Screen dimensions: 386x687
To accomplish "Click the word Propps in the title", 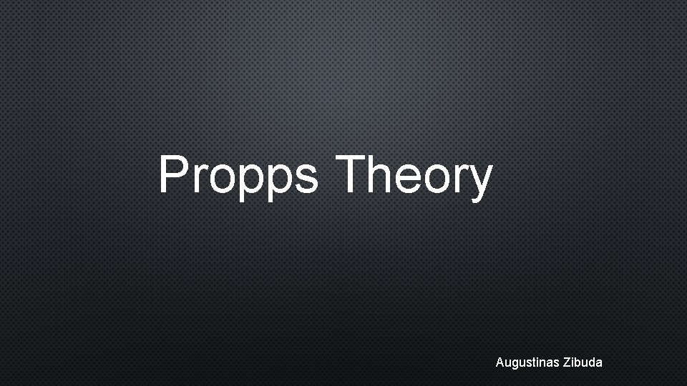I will (x=238, y=176).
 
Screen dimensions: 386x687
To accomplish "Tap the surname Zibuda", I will (x=583, y=362).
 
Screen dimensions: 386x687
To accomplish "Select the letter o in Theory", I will (x=443, y=179).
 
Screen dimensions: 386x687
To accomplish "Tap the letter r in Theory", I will (x=463, y=178).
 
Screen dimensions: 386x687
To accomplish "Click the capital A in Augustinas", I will (x=500, y=362).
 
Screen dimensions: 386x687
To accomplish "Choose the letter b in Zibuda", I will (x=579, y=362).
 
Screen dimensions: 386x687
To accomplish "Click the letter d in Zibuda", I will (x=593, y=362).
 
